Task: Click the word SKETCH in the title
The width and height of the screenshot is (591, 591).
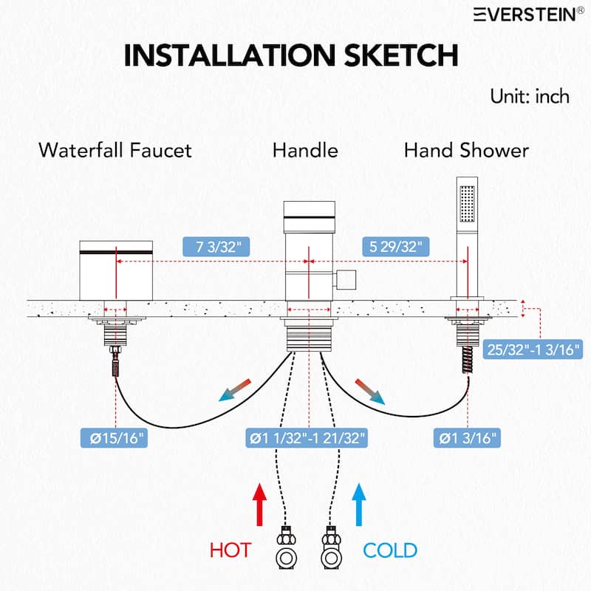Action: (401, 55)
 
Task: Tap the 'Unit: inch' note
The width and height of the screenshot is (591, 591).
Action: (530, 97)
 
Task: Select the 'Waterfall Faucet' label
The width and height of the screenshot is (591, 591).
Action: (115, 150)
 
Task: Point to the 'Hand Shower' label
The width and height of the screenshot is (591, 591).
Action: (466, 150)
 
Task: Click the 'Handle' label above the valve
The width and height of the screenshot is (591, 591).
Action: (305, 150)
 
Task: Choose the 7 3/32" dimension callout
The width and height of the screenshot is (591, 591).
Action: (216, 247)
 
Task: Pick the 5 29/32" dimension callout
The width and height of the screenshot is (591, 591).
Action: (396, 247)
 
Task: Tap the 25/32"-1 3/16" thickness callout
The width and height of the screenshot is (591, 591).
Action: (533, 349)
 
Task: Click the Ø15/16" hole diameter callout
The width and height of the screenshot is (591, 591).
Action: (114, 438)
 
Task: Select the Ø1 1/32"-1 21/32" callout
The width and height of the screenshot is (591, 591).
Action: (307, 438)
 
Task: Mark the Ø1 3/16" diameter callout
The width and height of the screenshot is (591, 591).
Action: (468, 438)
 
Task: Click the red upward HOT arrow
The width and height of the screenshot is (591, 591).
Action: (259, 505)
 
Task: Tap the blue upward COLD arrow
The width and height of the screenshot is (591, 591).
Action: (359, 505)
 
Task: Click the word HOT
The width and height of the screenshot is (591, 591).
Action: (230, 550)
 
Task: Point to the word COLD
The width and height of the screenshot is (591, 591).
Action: (390, 550)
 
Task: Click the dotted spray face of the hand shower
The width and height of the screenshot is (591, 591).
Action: (467, 204)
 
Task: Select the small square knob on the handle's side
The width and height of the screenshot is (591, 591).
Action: (346, 280)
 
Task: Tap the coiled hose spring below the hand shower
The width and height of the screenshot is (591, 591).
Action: (468, 360)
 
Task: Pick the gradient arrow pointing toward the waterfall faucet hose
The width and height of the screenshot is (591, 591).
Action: (235, 391)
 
